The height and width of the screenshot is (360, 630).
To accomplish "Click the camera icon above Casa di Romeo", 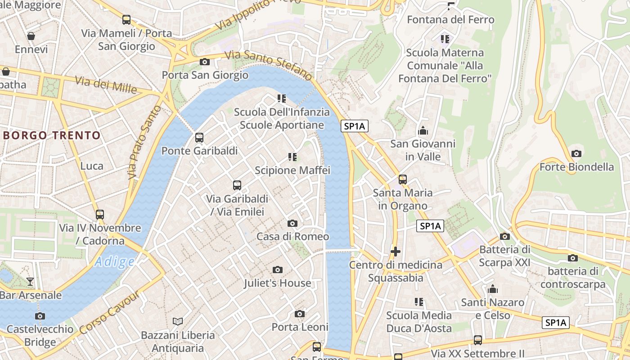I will [292, 223].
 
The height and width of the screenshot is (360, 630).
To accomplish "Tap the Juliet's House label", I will [277, 283].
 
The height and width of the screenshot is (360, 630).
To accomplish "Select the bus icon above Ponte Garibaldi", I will [199, 138].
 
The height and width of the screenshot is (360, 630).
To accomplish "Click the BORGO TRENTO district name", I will [52, 135].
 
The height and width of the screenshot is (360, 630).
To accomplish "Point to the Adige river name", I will [115, 261].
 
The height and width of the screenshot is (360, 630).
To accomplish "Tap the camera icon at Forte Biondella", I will [576, 154].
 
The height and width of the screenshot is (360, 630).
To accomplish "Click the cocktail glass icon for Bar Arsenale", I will [30, 282].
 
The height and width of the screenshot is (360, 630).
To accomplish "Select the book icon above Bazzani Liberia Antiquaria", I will [178, 321].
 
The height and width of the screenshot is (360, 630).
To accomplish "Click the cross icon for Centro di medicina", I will [396, 252].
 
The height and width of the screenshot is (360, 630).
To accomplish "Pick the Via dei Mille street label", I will [106, 85].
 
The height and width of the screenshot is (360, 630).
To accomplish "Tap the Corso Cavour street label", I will [109, 313].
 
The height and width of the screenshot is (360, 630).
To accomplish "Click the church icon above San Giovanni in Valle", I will [423, 131].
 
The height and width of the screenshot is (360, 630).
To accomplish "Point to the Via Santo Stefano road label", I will [269, 65].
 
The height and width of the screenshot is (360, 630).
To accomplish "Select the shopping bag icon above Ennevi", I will [31, 36].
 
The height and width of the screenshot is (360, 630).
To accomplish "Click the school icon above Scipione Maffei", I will [292, 157].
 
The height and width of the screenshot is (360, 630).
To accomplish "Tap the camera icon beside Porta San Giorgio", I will [205, 62].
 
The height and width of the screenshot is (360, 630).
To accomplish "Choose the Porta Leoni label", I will [300, 327].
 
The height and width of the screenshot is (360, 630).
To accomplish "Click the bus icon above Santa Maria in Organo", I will [403, 180].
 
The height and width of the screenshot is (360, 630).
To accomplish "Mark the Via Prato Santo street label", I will [144, 142].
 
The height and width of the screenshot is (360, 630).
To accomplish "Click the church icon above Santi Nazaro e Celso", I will [493, 289].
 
